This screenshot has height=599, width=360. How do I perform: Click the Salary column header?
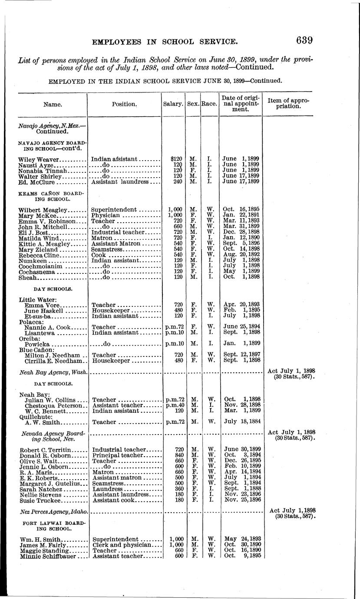(x=173, y=104)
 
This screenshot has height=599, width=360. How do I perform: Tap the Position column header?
(x=124, y=104)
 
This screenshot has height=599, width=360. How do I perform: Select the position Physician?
(x=106, y=215)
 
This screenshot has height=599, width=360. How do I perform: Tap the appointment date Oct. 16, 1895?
(x=241, y=210)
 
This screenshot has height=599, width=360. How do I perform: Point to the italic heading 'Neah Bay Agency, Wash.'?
(x=53, y=372)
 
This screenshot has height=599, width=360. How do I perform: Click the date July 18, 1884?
(x=241, y=422)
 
